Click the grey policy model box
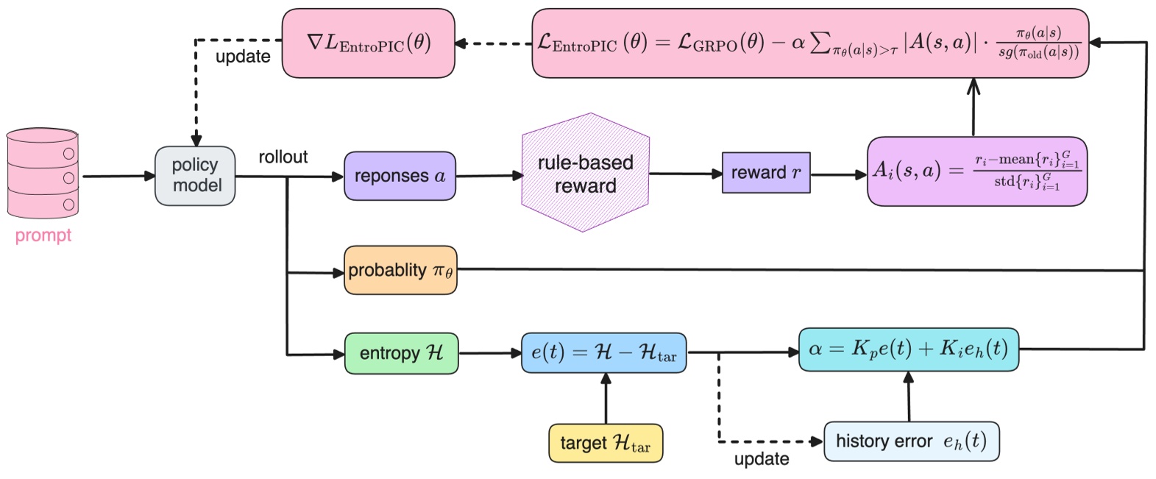[x=195, y=176]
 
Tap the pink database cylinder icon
[x=42, y=174]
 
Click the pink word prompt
[x=43, y=235]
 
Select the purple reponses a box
[x=400, y=176]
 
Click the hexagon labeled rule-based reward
[x=585, y=174]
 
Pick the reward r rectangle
[x=765, y=173]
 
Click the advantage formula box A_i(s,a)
[x=976, y=171]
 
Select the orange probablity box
[x=400, y=271]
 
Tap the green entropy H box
[x=401, y=353]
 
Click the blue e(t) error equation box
[x=603, y=352]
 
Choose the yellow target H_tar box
[x=605, y=443]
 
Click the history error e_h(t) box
[x=911, y=441]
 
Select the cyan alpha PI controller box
[x=909, y=349]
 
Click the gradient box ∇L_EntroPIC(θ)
[x=368, y=43]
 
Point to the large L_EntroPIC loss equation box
[x=809, y=43]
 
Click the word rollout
[x=283, y=157]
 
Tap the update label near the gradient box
[x=243, y=57]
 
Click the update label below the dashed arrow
[x=761, y=459]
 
